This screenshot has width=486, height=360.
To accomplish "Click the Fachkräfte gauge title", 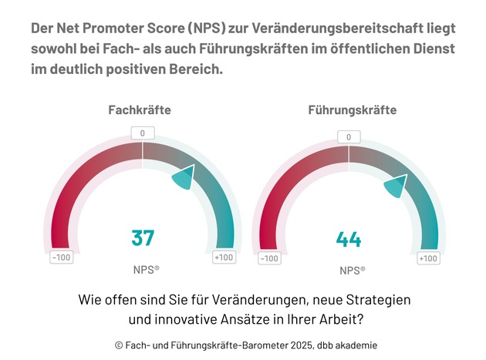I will pyautogui.click(x=140, y=110).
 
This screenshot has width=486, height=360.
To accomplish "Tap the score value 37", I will pyautogui.click(x=143, y=238).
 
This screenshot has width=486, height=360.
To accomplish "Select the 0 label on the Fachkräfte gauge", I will pyautogui.click(x=142, y=133).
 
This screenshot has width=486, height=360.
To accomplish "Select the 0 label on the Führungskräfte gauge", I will pyautogui.click(x=349, y=137).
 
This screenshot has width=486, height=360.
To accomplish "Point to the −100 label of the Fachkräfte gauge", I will pyautogui.click(x=62, y=257).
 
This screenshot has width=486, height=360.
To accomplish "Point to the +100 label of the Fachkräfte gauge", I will pyautogui.click(x=224, y=257).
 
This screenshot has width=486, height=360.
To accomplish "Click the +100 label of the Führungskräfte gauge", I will pyautogui.click(x=428, y=258).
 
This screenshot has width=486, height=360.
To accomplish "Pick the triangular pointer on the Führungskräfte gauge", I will pyautogui.click(x=395, y=186).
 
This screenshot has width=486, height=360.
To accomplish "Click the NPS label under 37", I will pyautogui.click(x=145, y=270).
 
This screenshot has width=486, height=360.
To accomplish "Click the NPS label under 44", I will pyautogui.click(x=352, y=271).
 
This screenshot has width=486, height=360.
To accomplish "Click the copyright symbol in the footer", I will pyautogui.click(x=119, y=345).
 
